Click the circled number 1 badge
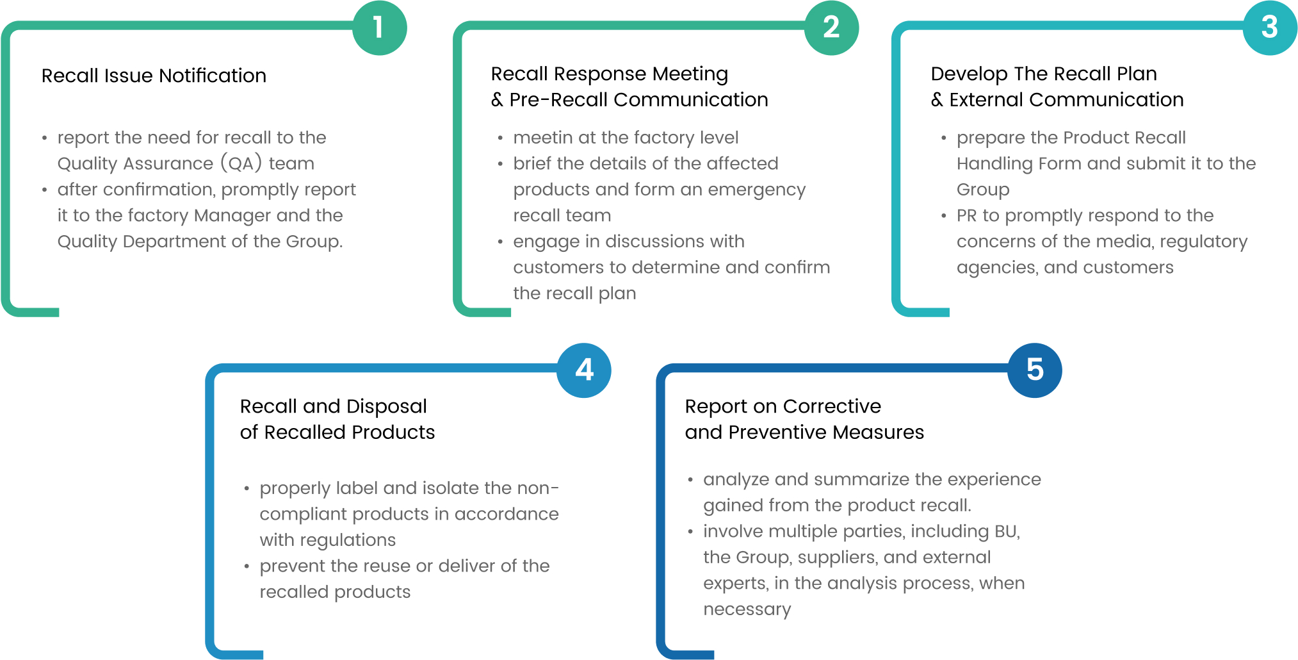coord(379,28)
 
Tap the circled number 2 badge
coord(831,28)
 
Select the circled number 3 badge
coord(1270,28)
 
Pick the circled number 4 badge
coord(584,370)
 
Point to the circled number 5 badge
coord(1035,370)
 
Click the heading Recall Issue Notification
coord(154,76)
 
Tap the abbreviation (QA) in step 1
coord(241,163)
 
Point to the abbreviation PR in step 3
coord(967,215)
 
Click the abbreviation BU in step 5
coord(1006,531)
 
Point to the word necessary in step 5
coord(747,609)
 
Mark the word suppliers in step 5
coord(836,557)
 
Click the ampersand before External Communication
coord(937,100)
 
